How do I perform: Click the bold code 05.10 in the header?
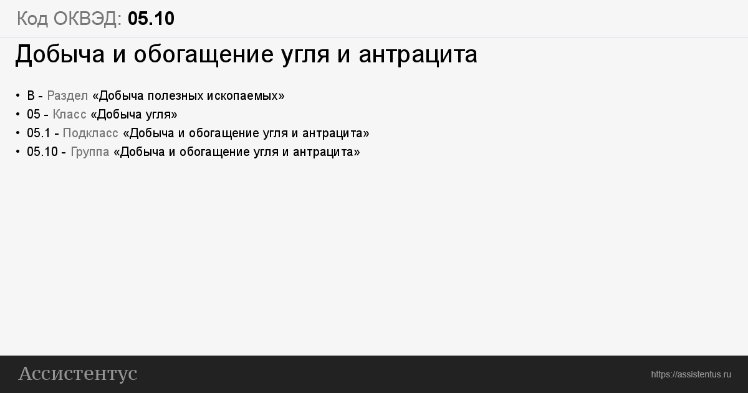coord(151,18)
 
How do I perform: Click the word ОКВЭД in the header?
coord(87,19)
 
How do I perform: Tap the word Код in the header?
coord(32,19)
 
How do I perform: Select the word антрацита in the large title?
coord(418,54)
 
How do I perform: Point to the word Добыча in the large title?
coord(60,54)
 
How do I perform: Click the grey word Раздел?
coord(67,96)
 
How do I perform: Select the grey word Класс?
coord(69,114)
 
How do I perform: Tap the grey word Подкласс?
coord(90,133)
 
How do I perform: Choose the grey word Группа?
coord(90,152)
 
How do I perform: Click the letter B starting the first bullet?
coord(31,95)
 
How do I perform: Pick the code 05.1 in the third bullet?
coord(39,133)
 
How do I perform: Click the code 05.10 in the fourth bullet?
coord(42,152)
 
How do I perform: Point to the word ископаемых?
coord(246,96)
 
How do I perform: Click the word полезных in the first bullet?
coord(175,96)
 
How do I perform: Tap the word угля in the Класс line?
coord(156,115)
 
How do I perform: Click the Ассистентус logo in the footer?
coord(78,374)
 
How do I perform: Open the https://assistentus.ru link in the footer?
coord(691,374)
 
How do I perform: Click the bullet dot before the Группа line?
coord(17,152)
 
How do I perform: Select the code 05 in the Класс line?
coord(34,114)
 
